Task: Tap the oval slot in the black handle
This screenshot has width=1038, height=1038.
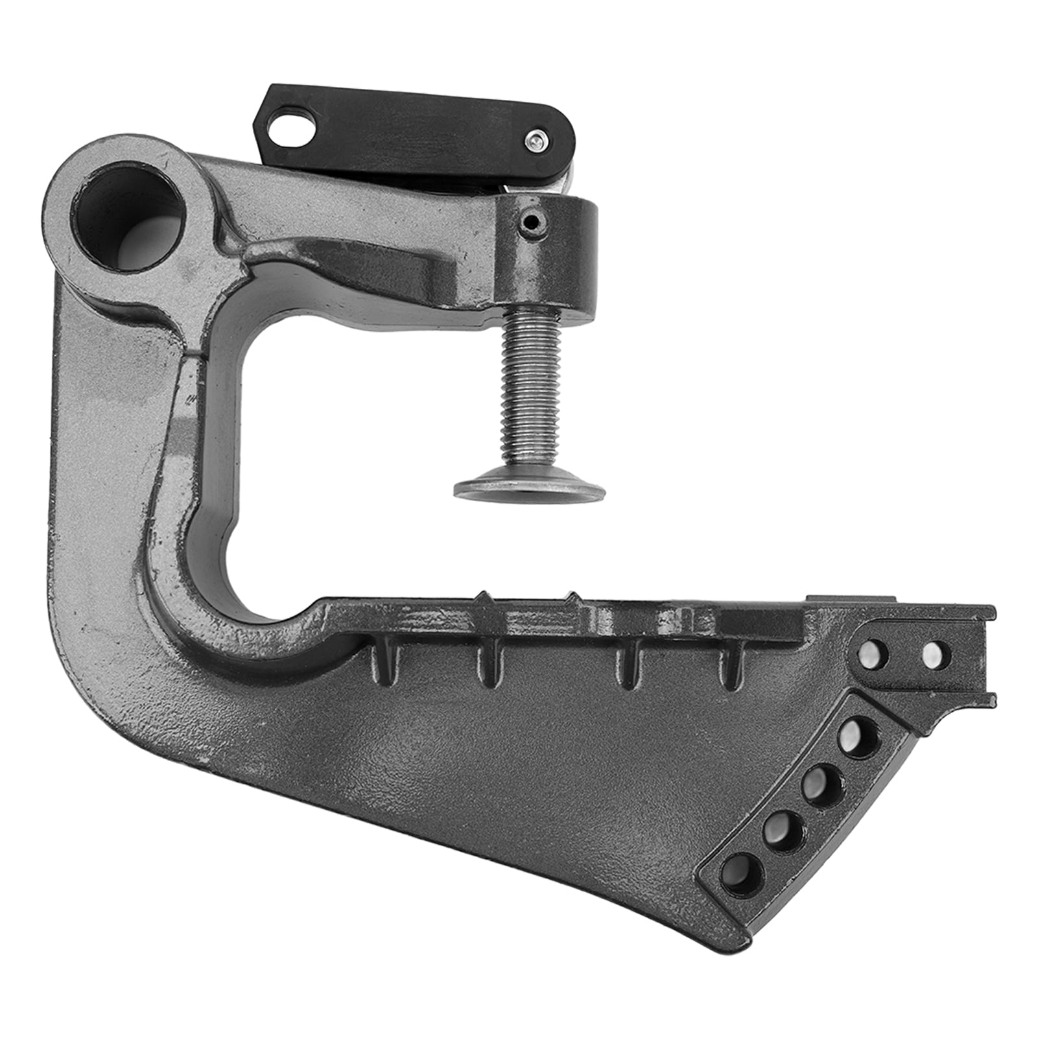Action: pos(291,123)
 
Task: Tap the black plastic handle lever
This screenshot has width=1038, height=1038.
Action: pos(415,133)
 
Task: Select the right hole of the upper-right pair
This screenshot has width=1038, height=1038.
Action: pos(934,654)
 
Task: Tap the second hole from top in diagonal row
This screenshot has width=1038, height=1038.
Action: pos(821,785)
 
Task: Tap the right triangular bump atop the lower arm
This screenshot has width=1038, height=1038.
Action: pos(572,597)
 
